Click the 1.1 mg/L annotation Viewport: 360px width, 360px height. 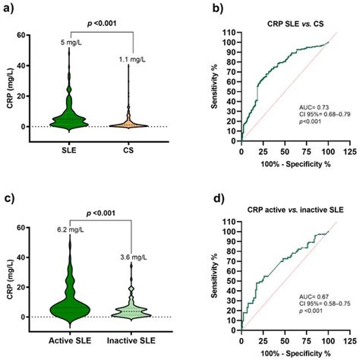click(x=132, y=59)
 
